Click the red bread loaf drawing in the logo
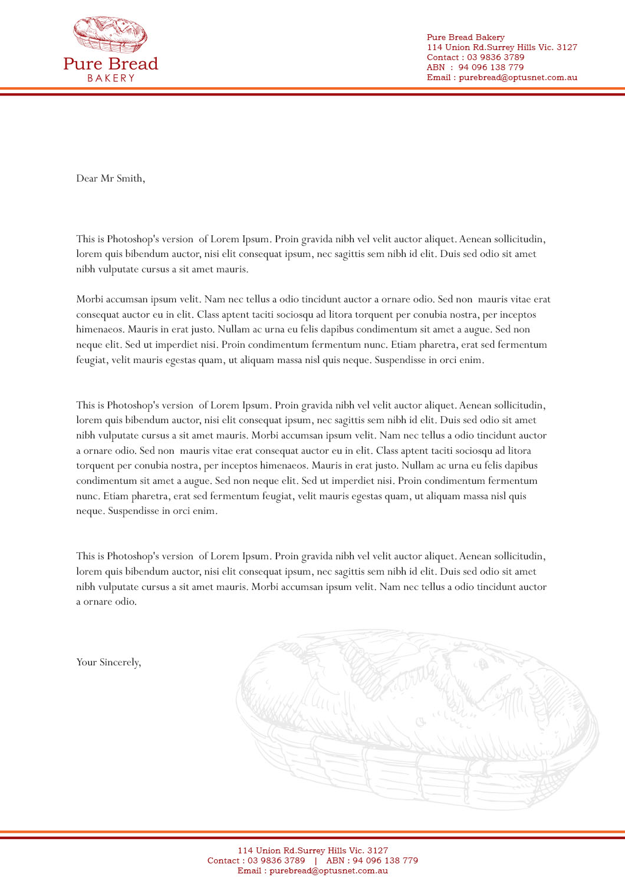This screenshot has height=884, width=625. tap(110, 34)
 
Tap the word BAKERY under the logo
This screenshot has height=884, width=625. tap(111, 78)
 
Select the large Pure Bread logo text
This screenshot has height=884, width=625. tap(111, 64)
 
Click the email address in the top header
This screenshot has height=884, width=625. tap(518, 77)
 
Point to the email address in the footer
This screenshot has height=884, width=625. tap(328, 870)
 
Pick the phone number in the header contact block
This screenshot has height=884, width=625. tap(495, 57)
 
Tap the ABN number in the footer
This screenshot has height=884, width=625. tap(385, 860)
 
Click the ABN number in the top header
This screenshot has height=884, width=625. tap(491, 67)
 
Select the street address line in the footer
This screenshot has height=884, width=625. tap(312, 850)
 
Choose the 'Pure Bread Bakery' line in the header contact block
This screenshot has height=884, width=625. tap(465, 37)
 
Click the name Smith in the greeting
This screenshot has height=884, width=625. tap(130, 179)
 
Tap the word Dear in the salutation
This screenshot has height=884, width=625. tap(87, 179)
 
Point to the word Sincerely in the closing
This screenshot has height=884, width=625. tap(120, 662)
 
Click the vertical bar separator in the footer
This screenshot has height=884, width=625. tap(315, 860)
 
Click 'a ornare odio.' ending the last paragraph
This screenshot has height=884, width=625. tap(106, 602)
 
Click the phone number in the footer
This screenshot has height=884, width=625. tap(276, 860)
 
